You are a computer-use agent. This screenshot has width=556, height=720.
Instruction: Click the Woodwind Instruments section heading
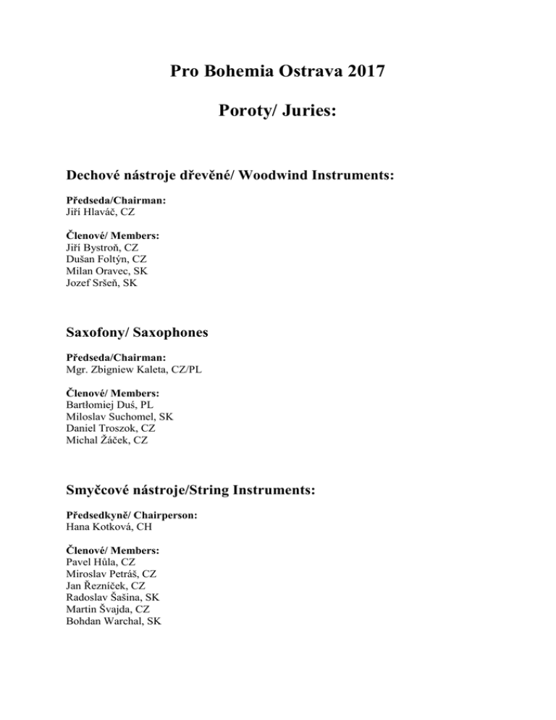tap(229, 176)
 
